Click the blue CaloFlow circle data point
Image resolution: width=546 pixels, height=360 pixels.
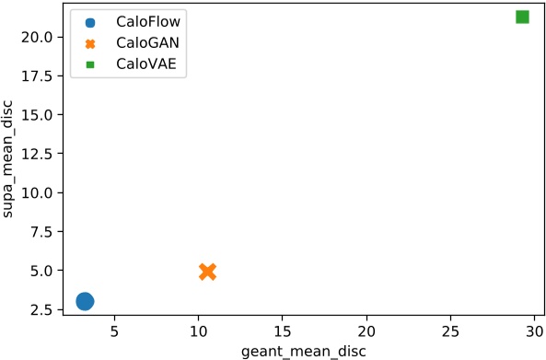tap(85, 301)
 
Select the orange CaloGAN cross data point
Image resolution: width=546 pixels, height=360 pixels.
tap(207, 271)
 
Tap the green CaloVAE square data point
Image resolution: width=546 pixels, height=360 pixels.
tap(522, 17)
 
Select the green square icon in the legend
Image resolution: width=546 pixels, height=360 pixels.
tap(90, 65)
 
